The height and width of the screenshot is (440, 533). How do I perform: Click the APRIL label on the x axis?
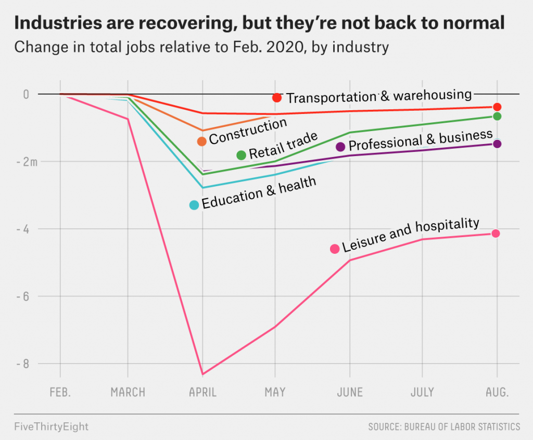pos(202,392)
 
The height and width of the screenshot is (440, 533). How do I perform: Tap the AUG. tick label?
pos(497,392)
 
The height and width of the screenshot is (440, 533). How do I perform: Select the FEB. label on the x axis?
pos(60,392)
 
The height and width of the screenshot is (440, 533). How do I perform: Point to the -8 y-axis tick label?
pos(23,364)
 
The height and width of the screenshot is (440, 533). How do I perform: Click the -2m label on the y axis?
pos(27,161)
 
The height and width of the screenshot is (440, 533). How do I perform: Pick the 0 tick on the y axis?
pos(26,94)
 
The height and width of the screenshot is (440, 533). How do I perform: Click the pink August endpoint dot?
pos(496,234)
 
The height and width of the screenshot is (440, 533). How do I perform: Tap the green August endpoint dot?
pos(497,116)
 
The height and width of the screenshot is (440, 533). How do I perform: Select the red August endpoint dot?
pos(497,107)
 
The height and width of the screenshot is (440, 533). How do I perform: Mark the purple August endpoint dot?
pos(497,144)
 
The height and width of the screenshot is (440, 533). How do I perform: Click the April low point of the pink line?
pos(202,374)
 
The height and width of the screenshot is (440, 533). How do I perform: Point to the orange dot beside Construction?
pos(202,141)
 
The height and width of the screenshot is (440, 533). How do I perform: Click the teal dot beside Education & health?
pos(194,205)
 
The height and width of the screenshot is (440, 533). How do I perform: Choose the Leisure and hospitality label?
pos(411,235)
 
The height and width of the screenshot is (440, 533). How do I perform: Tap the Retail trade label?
pos(283,146)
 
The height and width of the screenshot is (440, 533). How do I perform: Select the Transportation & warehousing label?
pos(379,96)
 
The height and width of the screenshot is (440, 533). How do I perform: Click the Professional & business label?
pos(421,140)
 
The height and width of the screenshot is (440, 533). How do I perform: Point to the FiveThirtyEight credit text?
pos(52,426)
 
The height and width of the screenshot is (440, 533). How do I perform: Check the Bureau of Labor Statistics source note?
pos(444,427)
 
